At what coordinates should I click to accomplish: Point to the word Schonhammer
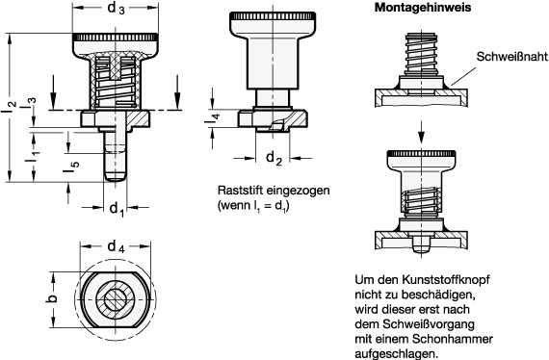439,339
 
